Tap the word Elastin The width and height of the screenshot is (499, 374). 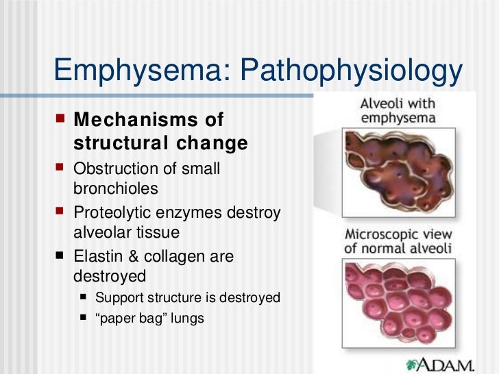(x=97, y=257)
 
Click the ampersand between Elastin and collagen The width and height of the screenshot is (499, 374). (x=131, y=257)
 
